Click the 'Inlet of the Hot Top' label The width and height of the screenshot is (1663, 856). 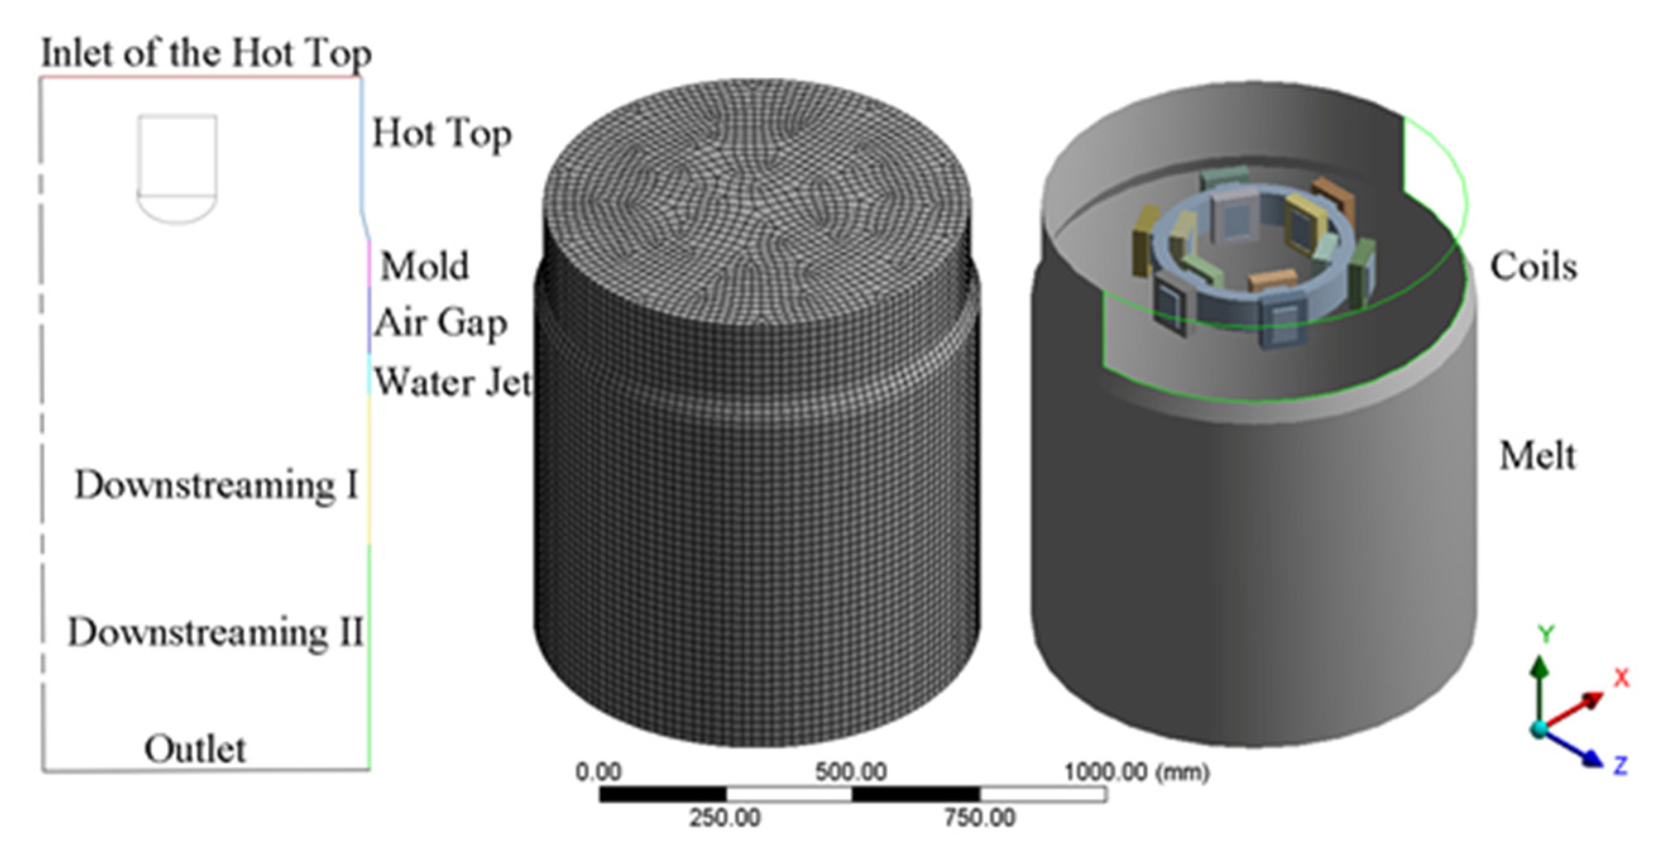tap(206, 54)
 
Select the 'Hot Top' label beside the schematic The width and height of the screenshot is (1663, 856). tap(442, 135)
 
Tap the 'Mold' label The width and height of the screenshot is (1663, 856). tap(424, 266)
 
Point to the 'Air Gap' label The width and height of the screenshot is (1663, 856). tap(440, 323)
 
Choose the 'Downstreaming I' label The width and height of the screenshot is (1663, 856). tap(216, 485)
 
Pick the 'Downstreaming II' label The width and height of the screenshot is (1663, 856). tap(215, 632)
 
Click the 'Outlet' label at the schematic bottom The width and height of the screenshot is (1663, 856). tap(195, 749)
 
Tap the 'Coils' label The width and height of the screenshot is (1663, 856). tap(1533, 267)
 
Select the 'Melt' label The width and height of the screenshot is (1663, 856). tap(1537, 456)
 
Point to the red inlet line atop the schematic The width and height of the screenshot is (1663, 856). tap(200, 78)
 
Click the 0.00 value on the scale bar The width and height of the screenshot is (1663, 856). tap(598, 772)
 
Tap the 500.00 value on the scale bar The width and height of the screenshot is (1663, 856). tap(851, 772)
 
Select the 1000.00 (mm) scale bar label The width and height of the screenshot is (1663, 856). tap(1136, 772)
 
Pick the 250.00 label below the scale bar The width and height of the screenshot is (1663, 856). tap(724, 819)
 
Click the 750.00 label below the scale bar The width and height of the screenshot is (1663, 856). tap(979, 819)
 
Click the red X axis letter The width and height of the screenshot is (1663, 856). tap(1621, 678)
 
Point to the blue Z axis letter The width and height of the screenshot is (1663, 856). tap(1621, 766)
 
